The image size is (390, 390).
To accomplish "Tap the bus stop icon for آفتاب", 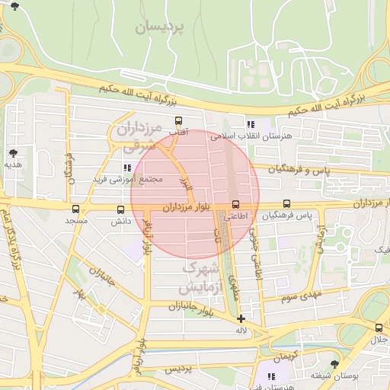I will point(179,120).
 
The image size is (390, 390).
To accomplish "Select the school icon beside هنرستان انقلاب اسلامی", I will point(251,124).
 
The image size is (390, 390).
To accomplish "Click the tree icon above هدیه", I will point(14,153).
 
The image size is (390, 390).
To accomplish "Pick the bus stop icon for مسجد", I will point(75,209).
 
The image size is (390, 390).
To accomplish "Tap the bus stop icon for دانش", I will point(120,209).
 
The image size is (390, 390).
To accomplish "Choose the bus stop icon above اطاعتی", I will point(235,204).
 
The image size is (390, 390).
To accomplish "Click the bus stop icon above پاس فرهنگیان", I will point(286,204).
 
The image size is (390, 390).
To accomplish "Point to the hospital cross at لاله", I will point(241,319).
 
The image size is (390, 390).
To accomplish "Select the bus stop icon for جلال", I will point(379,328).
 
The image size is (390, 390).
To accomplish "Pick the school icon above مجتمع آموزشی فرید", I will point(126,167).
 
